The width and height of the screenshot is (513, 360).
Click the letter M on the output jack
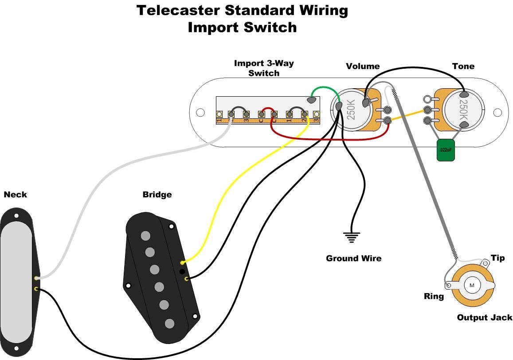(471, 285)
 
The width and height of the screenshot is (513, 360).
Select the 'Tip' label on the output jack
(497, 258)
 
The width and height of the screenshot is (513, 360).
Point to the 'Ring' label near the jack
(434, 296)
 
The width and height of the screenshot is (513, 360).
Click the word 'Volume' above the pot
(363, 67)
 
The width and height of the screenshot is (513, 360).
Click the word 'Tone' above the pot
(463, 67)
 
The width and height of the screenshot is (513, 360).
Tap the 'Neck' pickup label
(15, 195)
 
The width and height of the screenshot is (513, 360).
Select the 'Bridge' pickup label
(157, 195)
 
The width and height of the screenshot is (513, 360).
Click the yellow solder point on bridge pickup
(183, 263)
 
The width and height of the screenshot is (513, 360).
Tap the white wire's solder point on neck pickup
(36, 278)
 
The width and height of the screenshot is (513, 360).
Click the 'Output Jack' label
(484, 317)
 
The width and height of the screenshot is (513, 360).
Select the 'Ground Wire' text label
(353, 258)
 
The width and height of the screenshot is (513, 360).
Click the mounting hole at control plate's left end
(200, 113)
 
